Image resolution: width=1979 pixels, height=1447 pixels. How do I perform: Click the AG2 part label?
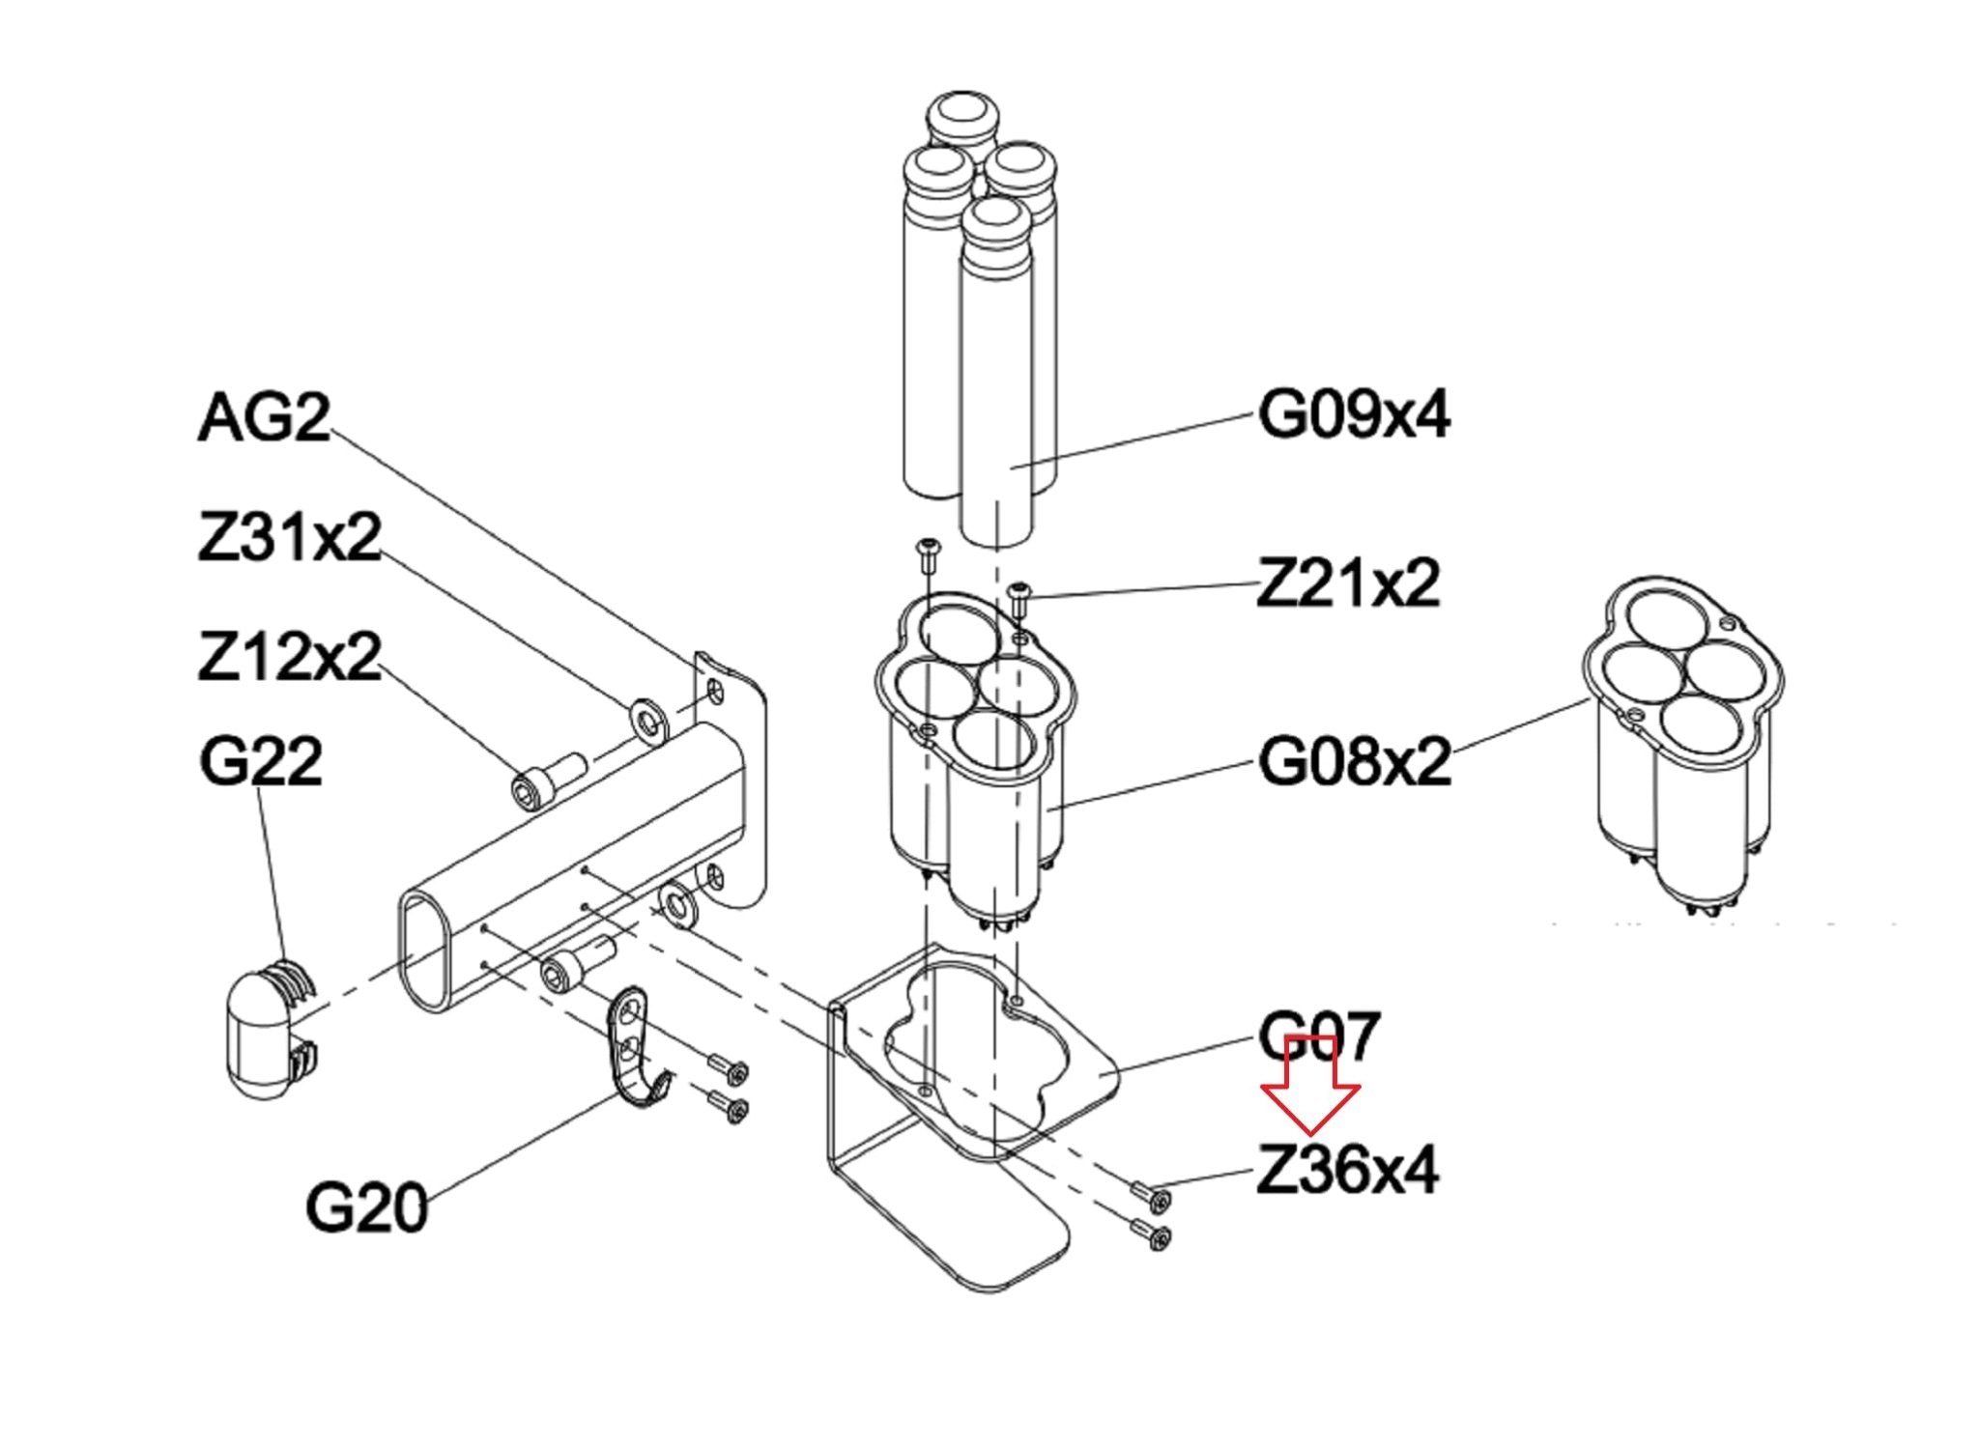[264, 417]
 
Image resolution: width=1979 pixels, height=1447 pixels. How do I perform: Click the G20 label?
[366, 1207]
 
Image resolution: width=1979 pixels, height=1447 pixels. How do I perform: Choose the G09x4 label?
[1354, 415]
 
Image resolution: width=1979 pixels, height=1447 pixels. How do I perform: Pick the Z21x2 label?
[1348, 582]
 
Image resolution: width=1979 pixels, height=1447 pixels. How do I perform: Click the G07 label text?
[1320, 1036]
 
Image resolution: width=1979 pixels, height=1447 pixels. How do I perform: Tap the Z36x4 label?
[1348, 1170]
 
